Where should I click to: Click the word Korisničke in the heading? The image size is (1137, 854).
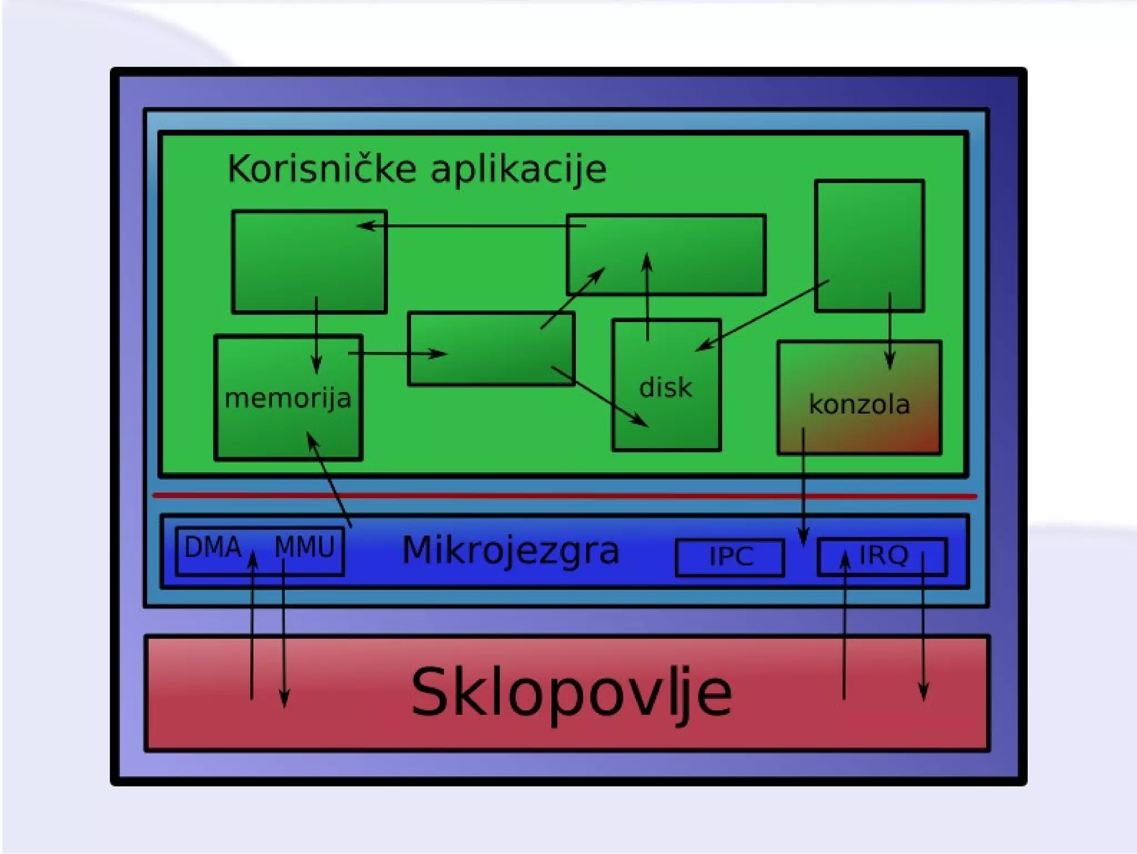(321, 169)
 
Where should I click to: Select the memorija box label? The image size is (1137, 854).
(288, 398)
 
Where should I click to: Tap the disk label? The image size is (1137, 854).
(665, 387)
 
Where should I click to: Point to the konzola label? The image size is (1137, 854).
(859, 405)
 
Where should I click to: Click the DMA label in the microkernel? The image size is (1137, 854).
(213, 547)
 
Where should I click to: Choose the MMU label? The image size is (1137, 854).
(305, 547)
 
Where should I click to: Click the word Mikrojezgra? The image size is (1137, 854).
(510, 550)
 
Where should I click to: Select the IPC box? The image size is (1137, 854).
(730, 557)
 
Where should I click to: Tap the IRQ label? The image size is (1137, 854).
(883, 555)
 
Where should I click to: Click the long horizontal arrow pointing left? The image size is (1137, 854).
(472, 226)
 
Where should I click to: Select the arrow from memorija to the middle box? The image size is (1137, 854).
(397, 353)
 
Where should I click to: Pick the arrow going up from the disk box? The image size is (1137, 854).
(647, 297)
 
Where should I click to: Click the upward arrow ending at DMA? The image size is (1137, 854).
(253, 627)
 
